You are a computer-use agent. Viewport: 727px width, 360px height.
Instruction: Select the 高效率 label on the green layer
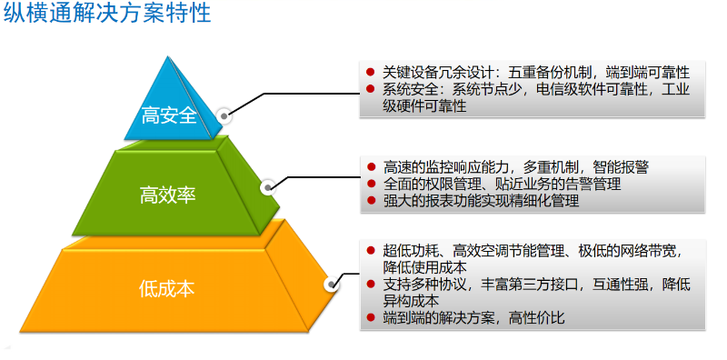[167, 194]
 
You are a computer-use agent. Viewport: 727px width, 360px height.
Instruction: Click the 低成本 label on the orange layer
[167, 289]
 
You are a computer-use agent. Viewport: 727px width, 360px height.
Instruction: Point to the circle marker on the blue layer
[225, 116]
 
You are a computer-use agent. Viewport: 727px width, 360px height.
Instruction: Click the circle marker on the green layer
[268, 188]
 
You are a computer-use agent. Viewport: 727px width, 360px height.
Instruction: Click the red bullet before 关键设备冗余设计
[371, 72]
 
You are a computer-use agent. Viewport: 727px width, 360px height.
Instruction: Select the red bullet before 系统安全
[371, 89]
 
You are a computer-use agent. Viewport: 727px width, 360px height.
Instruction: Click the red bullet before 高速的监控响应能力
[371, 167]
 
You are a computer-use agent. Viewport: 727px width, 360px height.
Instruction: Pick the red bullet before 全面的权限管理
[371, 185]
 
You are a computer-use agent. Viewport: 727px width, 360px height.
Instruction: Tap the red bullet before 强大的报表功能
[371, 202]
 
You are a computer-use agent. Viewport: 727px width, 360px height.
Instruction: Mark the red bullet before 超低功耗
[371, 250]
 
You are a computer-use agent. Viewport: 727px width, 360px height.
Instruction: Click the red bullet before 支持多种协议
[371, 284]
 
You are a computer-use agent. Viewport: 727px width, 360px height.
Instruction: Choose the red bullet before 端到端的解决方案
[371, 317]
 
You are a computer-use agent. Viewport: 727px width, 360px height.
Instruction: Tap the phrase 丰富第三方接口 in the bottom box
[514, 284]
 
